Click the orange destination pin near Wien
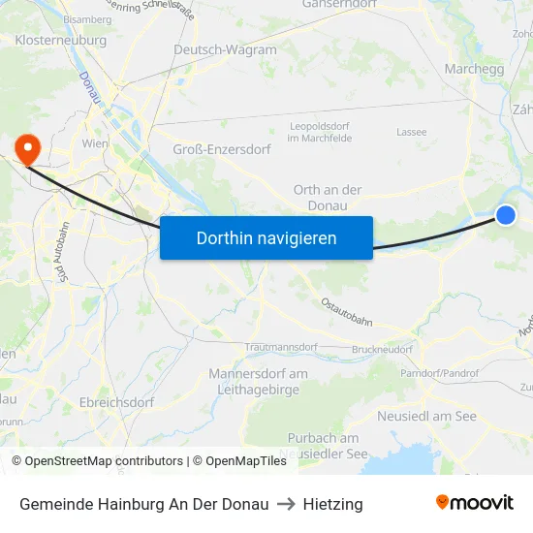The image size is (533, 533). point(27,148)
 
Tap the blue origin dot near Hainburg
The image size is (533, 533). point(506,215)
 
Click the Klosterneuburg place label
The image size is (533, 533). point(60,41)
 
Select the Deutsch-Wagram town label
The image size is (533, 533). point(225,49)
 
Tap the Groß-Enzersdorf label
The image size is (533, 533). point(220,148)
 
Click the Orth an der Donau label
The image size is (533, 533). point(328,198)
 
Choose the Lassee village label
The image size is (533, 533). point(411,132)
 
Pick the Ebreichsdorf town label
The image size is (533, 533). point(116,402)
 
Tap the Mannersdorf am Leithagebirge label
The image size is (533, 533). point(259,381)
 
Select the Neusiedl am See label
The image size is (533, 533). point(426,416)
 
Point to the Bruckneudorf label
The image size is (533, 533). point(382,349)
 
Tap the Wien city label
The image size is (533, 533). point(94,142)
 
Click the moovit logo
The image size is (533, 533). point(475,503)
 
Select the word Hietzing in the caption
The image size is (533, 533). point(332,504)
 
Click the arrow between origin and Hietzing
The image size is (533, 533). point(286,504)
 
